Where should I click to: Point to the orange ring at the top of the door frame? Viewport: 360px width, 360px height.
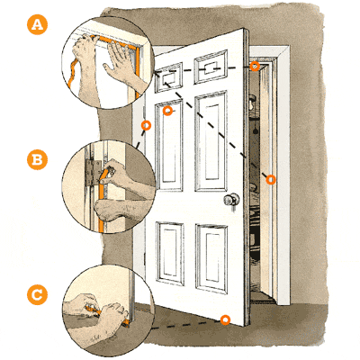[x=255, y=66]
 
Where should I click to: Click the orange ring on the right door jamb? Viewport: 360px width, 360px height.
[x=269, y=180]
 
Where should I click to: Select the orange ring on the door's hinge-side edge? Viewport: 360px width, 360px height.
[x=146, y=124]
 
